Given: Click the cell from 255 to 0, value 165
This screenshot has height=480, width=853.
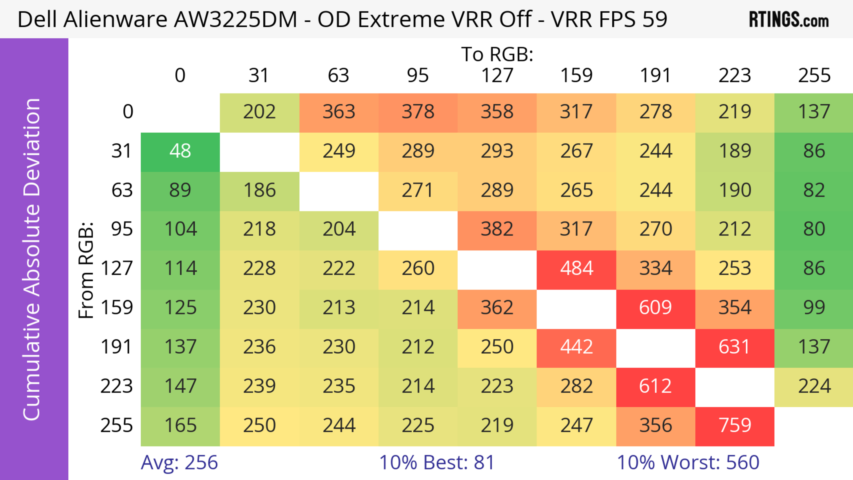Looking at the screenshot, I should click(180, 426).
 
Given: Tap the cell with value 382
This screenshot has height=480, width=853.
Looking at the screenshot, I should click(497, 230).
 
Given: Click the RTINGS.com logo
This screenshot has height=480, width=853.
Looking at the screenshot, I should click(789, 20).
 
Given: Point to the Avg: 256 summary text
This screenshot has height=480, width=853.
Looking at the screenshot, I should click(179, 463).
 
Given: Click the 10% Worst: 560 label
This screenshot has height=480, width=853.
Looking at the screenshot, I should click(688, 463).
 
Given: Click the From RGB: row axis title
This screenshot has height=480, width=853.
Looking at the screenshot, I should click(86, 270).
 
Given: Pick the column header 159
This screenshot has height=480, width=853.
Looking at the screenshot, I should click(576, 76).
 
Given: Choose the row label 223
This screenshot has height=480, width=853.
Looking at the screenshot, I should click(117, 387).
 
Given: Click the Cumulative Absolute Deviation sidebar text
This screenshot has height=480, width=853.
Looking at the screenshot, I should click(32, 259).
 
